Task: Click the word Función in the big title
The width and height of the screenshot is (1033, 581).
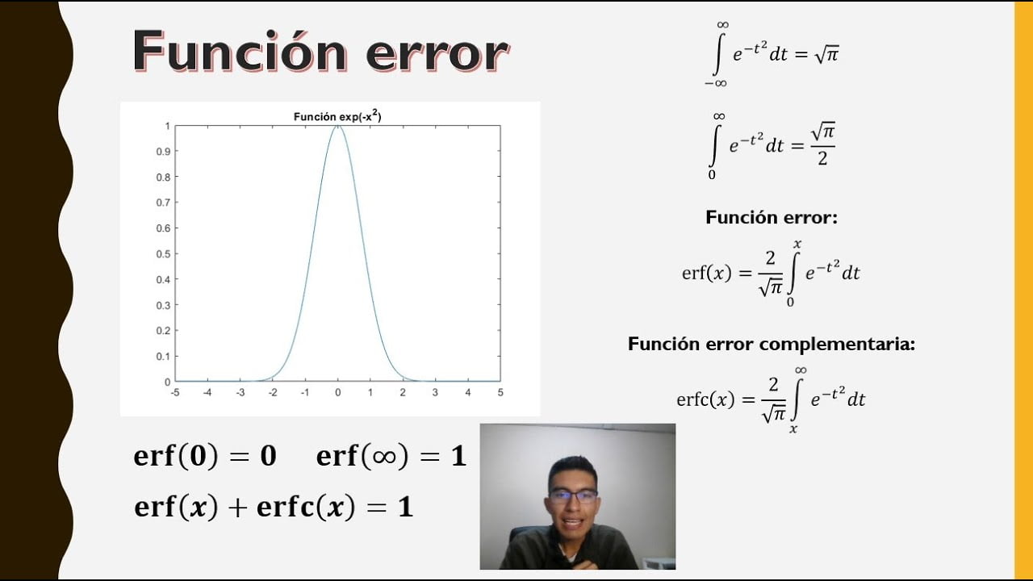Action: click(x=240, y=51)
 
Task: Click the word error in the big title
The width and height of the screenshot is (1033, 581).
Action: click(x=437, y=56)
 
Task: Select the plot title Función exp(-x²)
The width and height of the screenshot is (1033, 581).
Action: click(x=337, y=116)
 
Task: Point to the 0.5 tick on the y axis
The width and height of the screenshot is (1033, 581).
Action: click(x=163, y=253)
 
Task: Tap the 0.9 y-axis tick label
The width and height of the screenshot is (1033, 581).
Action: click(x=163, y=151)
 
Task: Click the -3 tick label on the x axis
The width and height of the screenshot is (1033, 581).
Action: click(x=240, y=392)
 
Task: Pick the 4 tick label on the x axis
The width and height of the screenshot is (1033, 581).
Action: click(x=468, y=392)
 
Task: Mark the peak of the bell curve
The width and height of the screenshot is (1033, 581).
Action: click(x=337, y=126)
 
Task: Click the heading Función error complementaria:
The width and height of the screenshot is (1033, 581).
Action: click(x=772, y=344)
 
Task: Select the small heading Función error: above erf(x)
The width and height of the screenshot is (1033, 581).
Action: click(x=772, y=217)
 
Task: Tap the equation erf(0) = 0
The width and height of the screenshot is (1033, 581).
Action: click(x=205, y=456)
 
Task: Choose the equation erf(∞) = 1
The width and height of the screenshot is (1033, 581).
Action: click(x=391, y=456)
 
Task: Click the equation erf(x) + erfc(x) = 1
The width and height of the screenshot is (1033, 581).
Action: click(x=274, y=506)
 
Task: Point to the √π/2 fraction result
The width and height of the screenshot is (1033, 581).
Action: click(x=823, y=144)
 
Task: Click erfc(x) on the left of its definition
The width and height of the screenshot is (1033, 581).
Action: click(x=705, y=399)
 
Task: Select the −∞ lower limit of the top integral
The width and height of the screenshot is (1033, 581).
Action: click(x=716, y=83)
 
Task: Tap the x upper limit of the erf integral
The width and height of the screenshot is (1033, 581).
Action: click(x=797, y=244)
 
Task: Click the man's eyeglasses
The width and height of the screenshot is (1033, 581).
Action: click(x=573, y=496)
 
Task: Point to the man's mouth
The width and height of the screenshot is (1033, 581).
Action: click(x=572, y=523)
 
